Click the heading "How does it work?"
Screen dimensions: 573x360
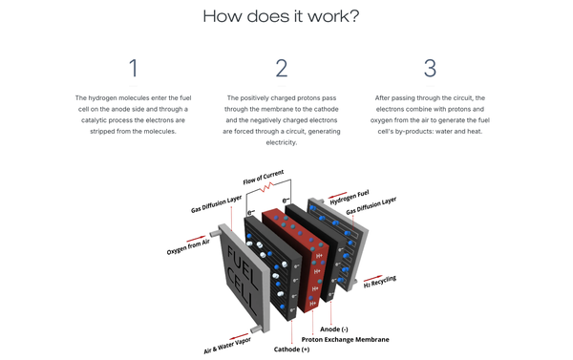click(x=281, y=16)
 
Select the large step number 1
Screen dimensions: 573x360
click(x=134, y=68)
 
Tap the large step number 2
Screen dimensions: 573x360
click(x=282, y=68)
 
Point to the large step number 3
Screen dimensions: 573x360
click(x=430, y=68)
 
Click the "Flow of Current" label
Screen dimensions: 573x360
click(x=264, y=177)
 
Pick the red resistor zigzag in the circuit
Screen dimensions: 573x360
click(x=266, y=187)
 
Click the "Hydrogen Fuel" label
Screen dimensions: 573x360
click(x=350, y=198)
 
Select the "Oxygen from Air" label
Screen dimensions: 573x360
click(x=188, y=247)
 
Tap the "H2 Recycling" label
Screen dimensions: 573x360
click(x=380, y=282)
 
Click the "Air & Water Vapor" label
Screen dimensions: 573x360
click(x=227, y=346)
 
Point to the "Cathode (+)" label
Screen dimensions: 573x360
click(x=291, y=349)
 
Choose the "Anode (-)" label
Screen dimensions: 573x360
click(x=334, y=329)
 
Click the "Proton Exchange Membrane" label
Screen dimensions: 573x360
click(x=346, y=340)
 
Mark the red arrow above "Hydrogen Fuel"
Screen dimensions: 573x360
click(x=338, y=196)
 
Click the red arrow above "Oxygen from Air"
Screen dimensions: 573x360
click(x=196, y=239)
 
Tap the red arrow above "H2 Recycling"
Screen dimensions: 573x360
click(x=373, y=279)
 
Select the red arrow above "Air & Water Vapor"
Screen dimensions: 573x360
click(x=239, y=336)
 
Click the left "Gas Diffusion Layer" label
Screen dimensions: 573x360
click(x=217, y=204)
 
